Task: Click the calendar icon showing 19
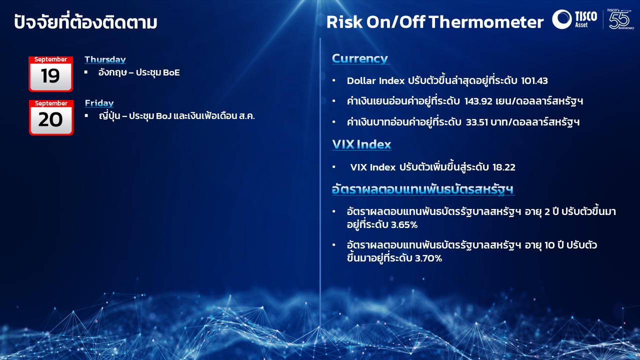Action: click(50, 74)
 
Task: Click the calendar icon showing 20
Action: click(51, 117)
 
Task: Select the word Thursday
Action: click(105, 59)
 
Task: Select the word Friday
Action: click(99, 103)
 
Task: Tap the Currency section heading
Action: click(360, 58)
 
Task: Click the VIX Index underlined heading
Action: click(361, 144)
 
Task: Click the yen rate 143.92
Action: click(478, 101)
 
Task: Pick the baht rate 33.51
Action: click(477, 122)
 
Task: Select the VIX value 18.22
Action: click(503, 167)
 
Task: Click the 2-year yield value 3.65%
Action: click(404, 225)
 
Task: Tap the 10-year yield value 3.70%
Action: click(428, 258)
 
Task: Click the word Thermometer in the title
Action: click(486, 22)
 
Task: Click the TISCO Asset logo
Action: click(574, 19)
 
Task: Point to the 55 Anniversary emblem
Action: click(620, 19)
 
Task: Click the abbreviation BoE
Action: click(171, 72)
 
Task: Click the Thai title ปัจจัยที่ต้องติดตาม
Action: click(85, 21)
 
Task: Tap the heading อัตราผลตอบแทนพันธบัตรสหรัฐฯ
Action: click(423, 189)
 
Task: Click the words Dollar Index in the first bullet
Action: click(375, 81)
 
